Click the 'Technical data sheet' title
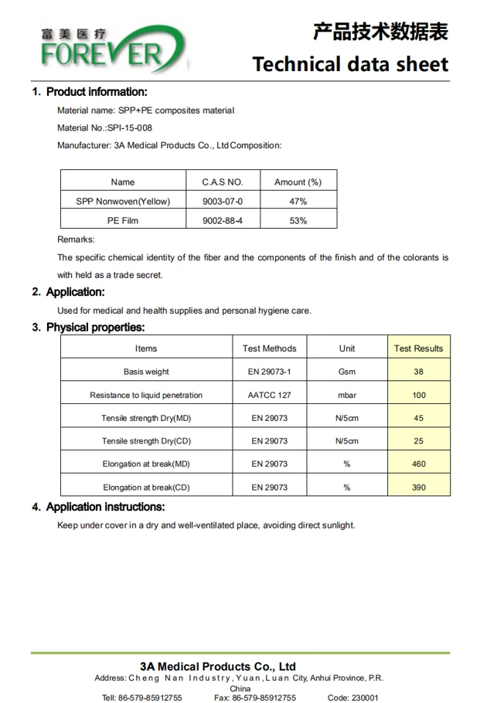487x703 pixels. point(350,63)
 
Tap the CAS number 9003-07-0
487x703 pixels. point(223,202)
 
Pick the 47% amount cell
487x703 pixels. point(298,202)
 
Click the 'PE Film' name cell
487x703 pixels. point(123,221)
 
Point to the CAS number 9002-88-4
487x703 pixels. point(223,221)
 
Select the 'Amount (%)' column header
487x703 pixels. point(298,182)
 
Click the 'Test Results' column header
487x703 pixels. point(418,348)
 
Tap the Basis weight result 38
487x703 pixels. point(418,372)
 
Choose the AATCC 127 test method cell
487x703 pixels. point(270,395)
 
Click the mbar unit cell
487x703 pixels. point(347,395)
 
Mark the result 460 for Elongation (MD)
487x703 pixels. point(418,464)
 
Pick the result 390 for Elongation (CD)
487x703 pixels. point(418,487)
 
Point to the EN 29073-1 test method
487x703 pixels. point(270,372)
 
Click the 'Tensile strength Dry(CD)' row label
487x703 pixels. point(146,441)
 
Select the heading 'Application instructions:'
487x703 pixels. point(105,507)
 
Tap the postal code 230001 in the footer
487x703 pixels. point(364,698)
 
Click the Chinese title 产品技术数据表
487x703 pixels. point(380,32)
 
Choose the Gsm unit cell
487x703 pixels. point(347,372)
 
